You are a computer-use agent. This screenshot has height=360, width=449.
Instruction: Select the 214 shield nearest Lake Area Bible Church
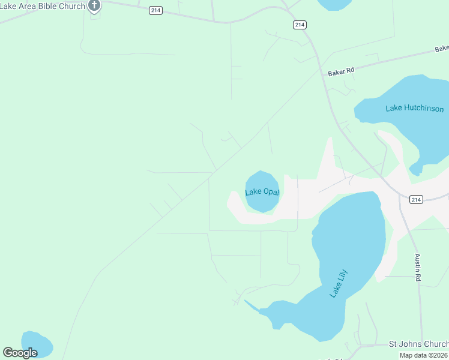(x=156, y=11)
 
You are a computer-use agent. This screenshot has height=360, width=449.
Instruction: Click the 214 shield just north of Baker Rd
(x=300, y=25)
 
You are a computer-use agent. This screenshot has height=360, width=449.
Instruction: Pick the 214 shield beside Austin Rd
(x=417, y=200)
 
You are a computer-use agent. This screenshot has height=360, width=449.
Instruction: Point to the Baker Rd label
(x=342, y=71)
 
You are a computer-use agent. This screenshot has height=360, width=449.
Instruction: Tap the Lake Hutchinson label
(x=415, y=109)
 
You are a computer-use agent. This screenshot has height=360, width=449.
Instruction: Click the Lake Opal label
(x=262, y=192)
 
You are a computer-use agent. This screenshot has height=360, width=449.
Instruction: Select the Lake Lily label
(x=339, y=283)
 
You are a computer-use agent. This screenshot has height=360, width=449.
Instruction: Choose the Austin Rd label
(x=418, y=268)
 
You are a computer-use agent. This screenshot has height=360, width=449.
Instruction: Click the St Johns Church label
(x=418, y=344)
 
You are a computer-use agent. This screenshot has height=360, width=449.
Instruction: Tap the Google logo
(x=20, y=353)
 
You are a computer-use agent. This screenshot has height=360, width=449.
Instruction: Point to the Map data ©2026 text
(x=424, y=355)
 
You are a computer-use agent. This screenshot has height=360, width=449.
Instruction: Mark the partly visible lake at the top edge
(x=334, y=4)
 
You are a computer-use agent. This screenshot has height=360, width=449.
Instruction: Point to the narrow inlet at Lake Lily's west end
(x=252, y=305)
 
